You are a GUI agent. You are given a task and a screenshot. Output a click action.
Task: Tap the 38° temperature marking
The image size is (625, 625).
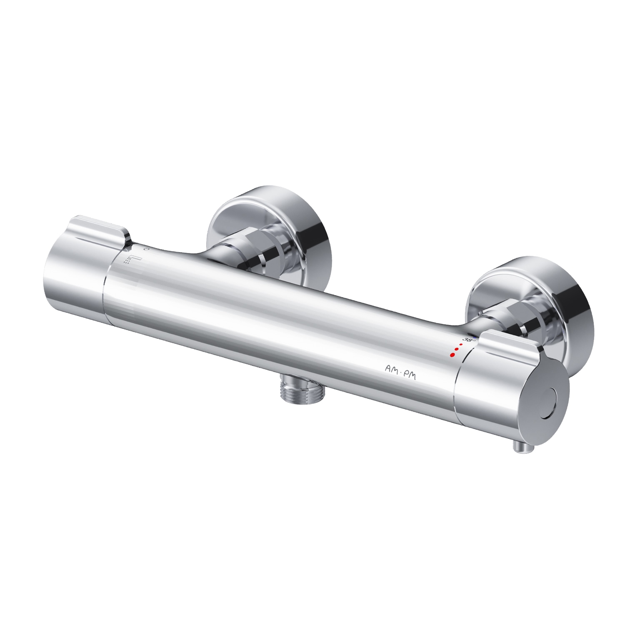pos(469,340)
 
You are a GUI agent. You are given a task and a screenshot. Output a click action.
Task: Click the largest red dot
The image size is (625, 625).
pos(452,355)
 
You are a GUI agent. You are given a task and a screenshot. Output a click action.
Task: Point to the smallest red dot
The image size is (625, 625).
pos(461,345)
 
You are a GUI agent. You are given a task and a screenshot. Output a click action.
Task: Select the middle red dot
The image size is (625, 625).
pos(457,350)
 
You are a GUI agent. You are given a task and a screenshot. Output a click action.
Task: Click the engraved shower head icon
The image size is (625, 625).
pos(133,260)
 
